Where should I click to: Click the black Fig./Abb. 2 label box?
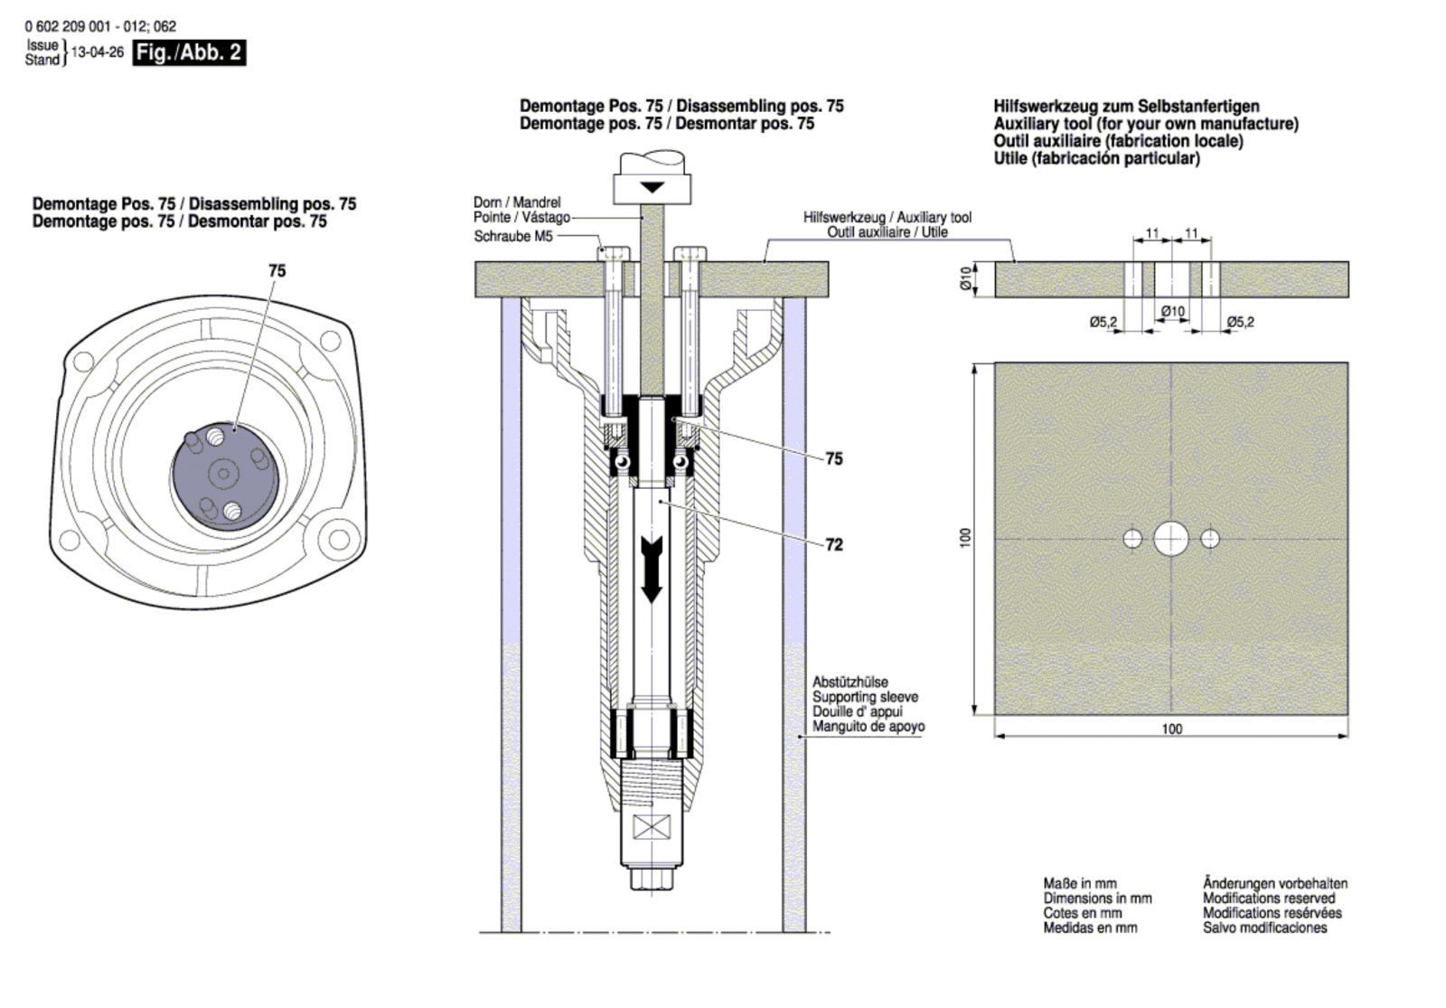click(x=189, y=53)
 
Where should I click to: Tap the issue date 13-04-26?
click(x=97, y=52)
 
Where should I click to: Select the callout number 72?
click(x=834, y=545)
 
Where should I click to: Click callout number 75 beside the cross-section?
click(x=834, y=459)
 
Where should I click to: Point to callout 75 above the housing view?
click(x=277, y=270)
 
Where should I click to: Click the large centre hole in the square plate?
click(x=1171, y=539)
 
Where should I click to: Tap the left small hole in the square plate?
click(x=1132, y=539)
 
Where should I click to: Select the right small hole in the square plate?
click(x=1210, y=539)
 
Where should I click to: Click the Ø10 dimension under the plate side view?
click(x=1173, y=312)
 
